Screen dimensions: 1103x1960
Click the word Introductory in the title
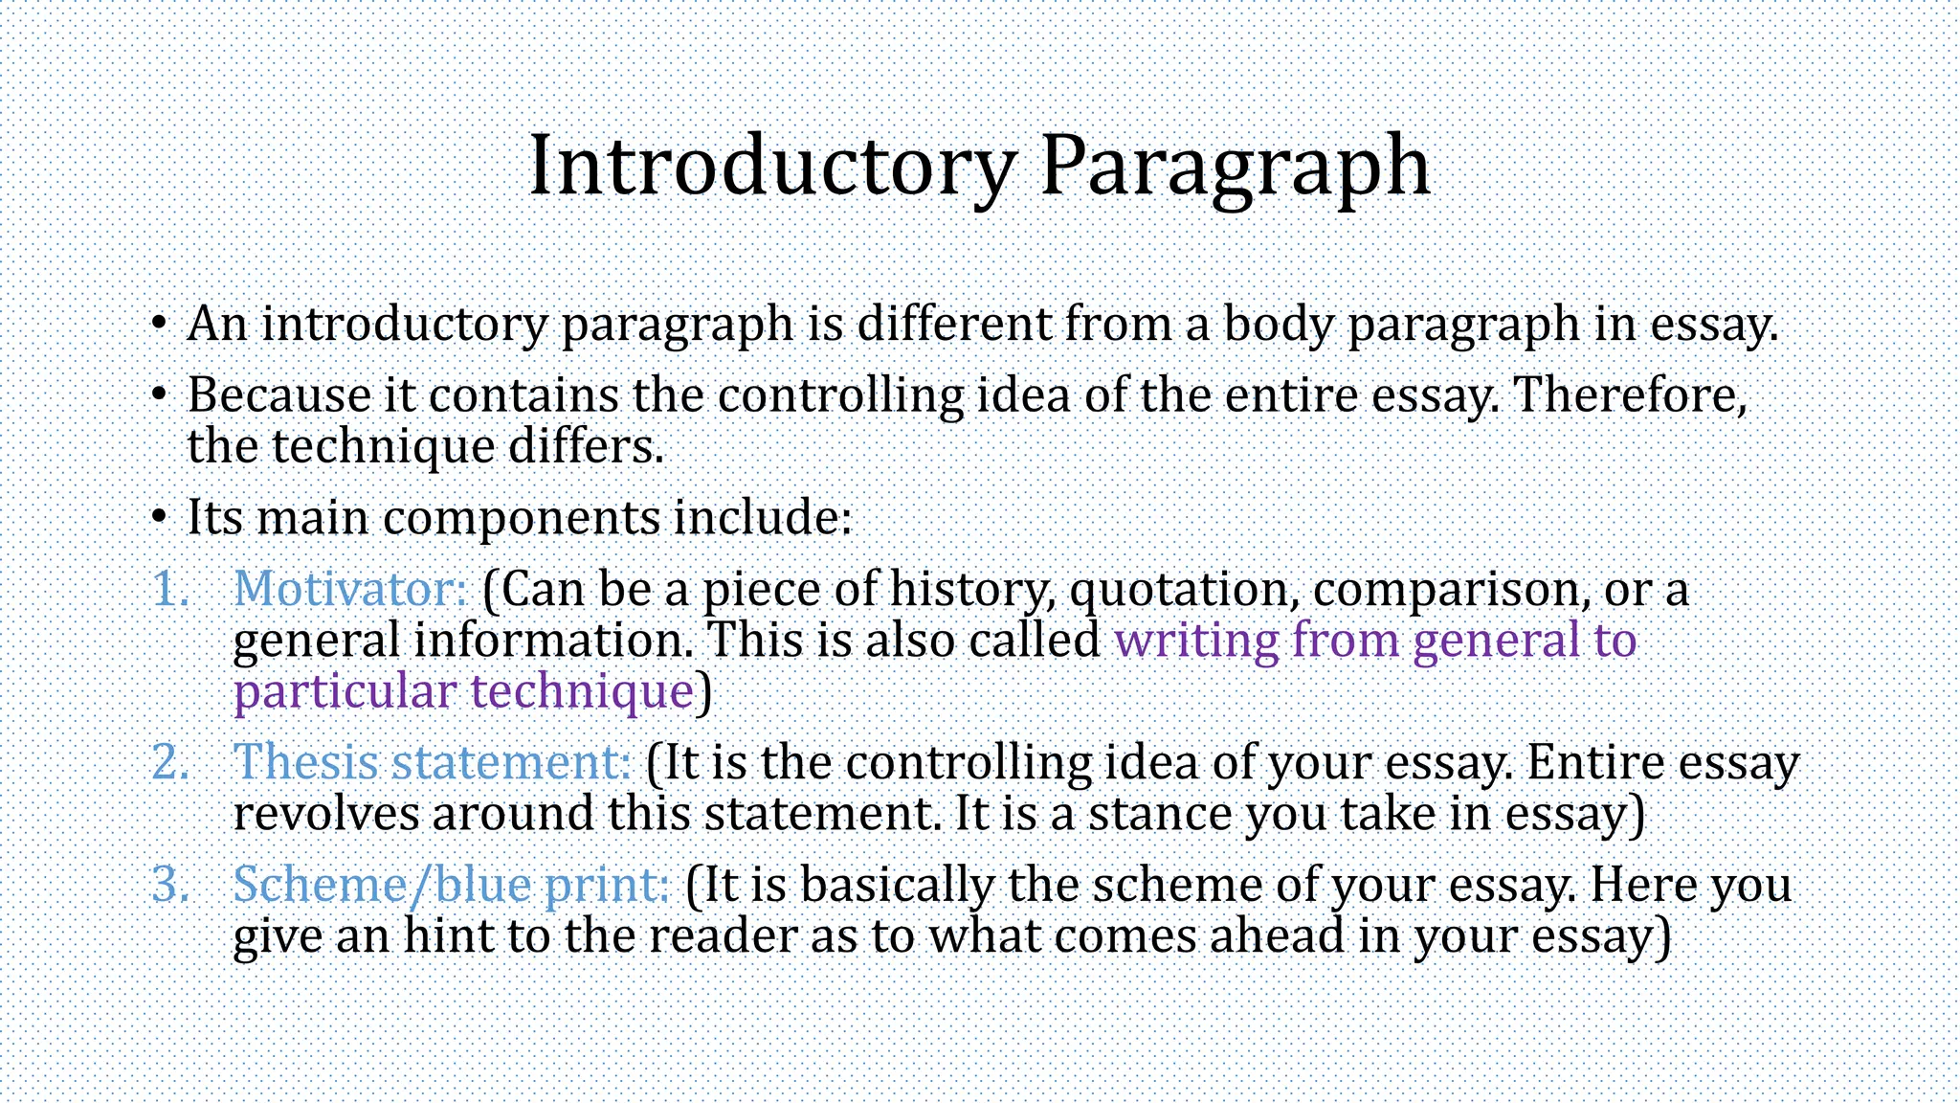point(770,166)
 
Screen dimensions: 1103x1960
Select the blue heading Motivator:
point(350,588)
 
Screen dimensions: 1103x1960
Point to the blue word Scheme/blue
point(382,884)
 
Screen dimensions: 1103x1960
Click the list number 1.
point(170,589)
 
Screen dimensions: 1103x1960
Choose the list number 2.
point(170,763)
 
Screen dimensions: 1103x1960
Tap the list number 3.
point(170,885)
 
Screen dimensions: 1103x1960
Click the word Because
point(278,394)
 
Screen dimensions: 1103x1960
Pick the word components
point(522,519)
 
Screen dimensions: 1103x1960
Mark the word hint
point(448,935)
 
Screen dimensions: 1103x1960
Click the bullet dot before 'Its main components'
point(159,518)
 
